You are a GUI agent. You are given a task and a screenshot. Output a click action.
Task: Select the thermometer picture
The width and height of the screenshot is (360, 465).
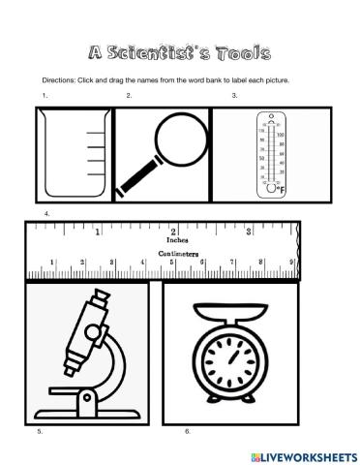click(270, 152)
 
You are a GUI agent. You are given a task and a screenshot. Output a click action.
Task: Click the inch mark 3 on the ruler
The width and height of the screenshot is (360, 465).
click(249, 232)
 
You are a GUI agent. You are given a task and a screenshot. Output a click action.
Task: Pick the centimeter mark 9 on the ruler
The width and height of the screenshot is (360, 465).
click(291, 262)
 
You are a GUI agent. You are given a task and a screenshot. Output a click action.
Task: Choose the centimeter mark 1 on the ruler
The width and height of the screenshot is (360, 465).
click(52, 262)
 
